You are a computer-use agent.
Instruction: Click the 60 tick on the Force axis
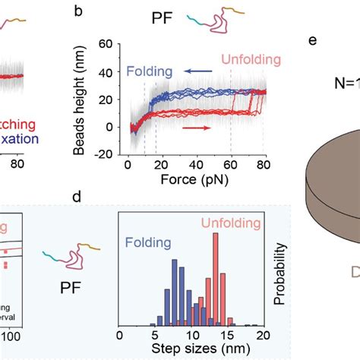pos(229,165)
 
